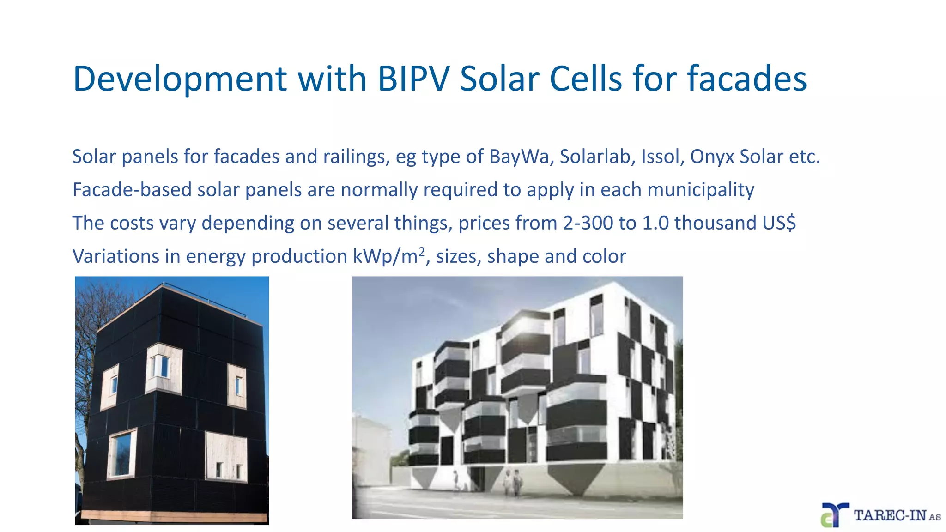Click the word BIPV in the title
(413, 79)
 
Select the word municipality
(701, 190)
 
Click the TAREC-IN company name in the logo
(890, 515)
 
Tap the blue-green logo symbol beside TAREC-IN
(834, 515)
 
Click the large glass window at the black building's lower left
(122, 453)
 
